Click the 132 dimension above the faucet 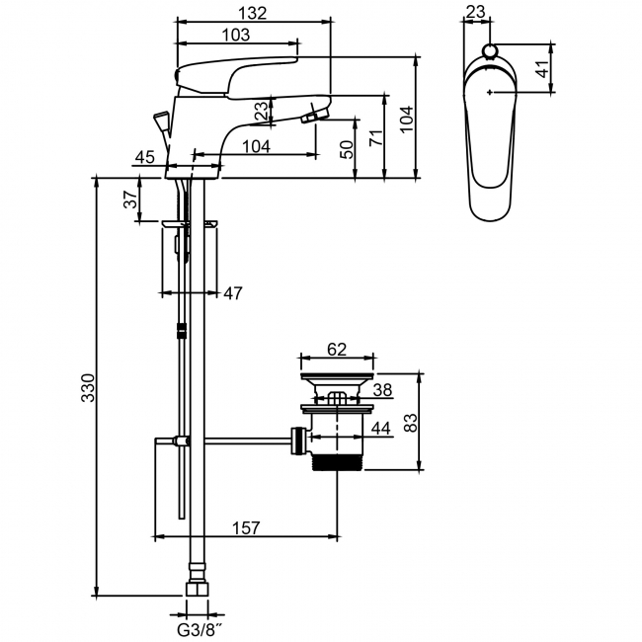253,13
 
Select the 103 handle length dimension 236,35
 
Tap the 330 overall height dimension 88,387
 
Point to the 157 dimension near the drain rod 246,527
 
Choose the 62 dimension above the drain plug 337,350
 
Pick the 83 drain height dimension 410,422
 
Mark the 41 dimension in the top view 542,68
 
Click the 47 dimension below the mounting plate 232,293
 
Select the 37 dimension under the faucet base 131,200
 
